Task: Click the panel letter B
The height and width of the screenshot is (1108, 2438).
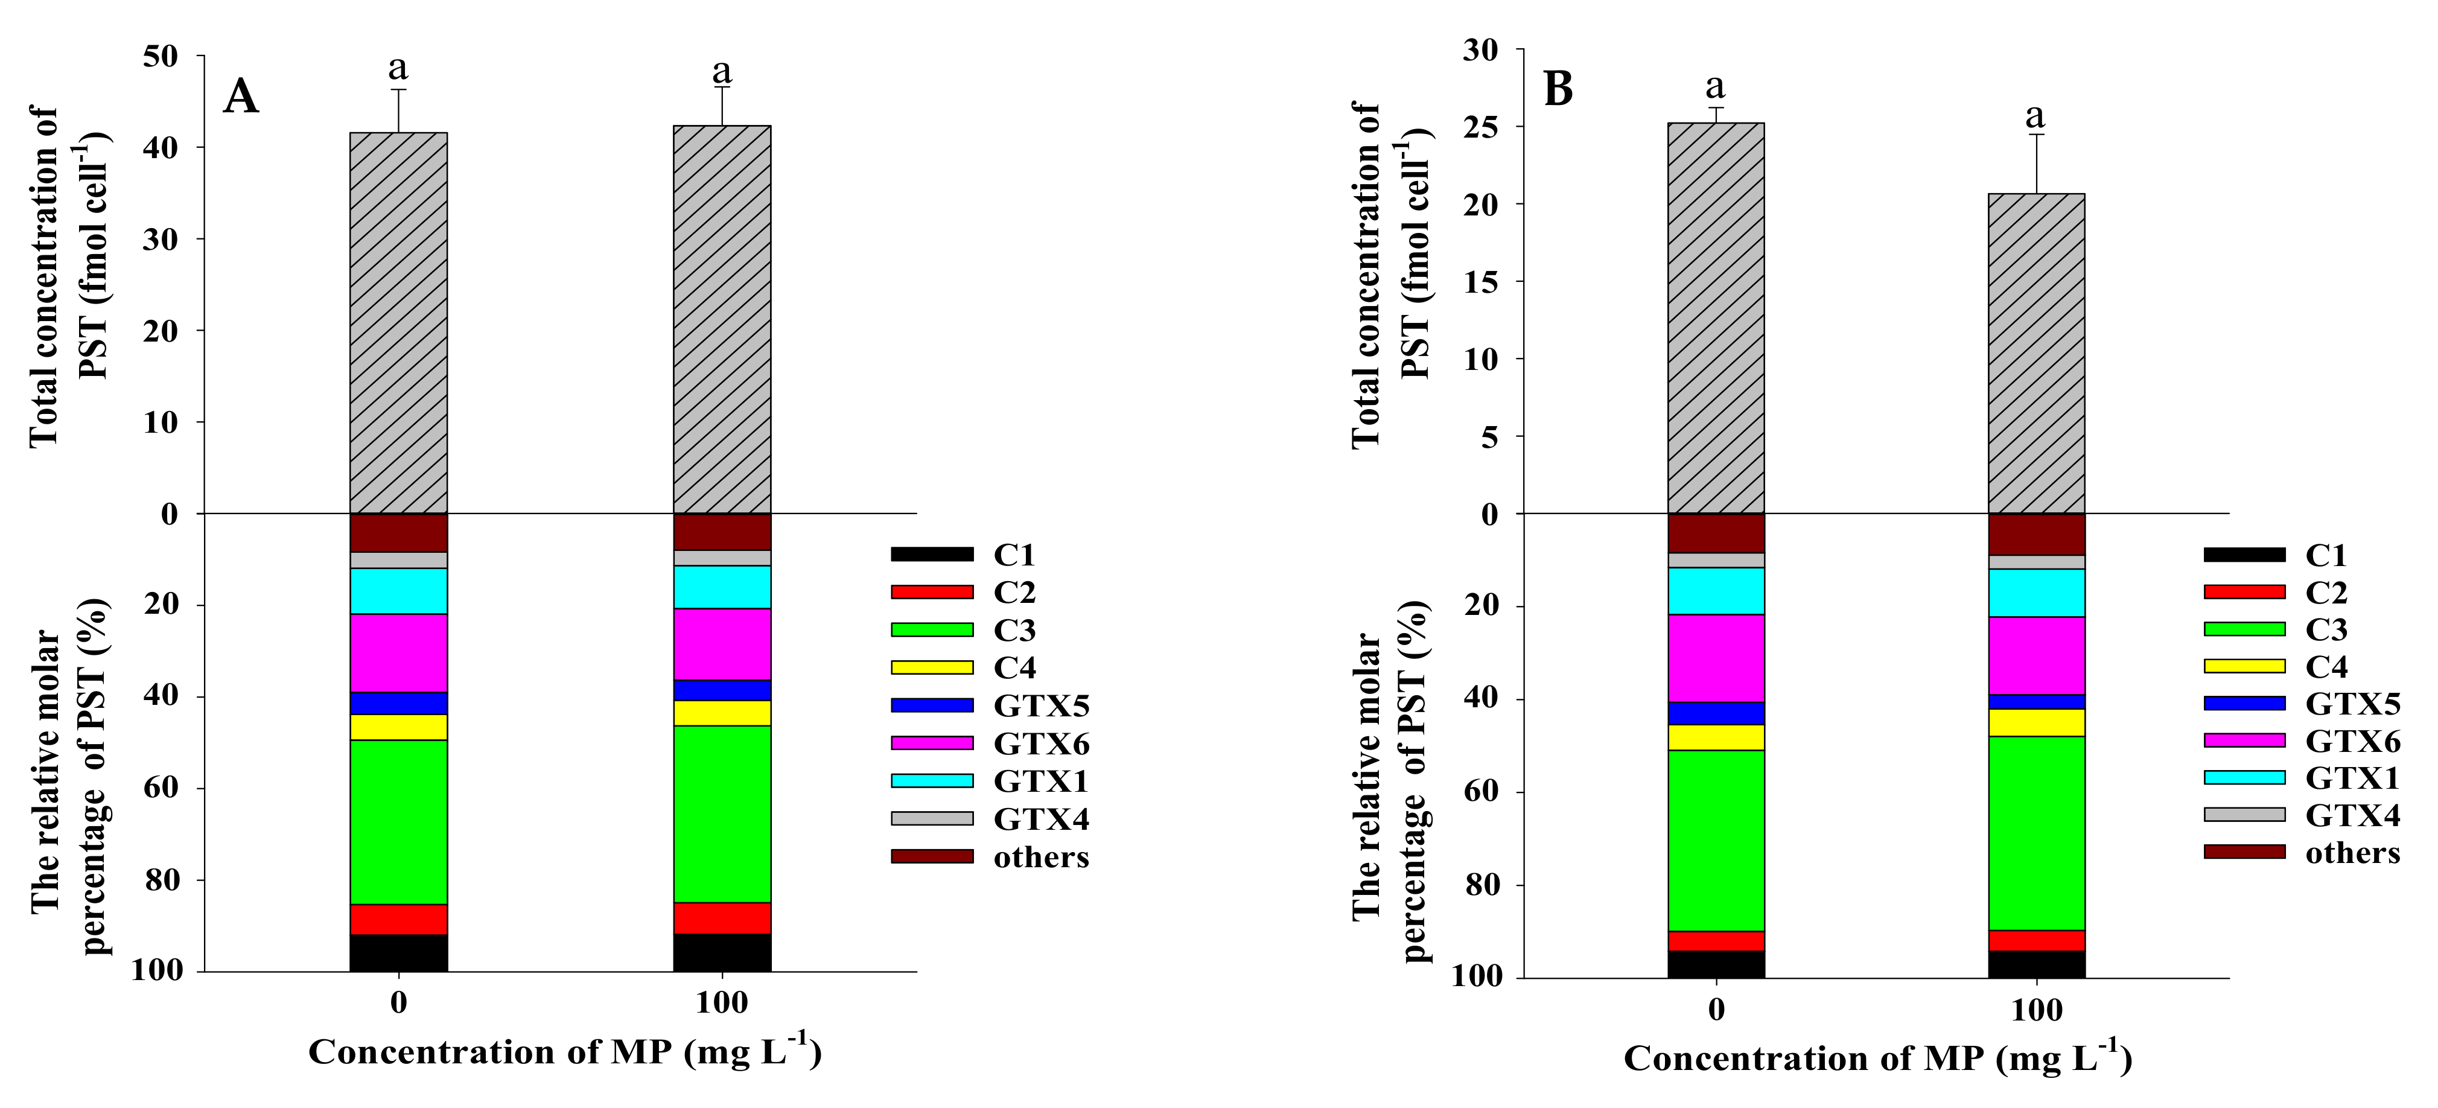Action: [1558, 90]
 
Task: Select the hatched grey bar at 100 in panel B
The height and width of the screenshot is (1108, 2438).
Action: [2035, 355]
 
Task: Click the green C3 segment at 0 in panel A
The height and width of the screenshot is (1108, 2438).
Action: [398, 821]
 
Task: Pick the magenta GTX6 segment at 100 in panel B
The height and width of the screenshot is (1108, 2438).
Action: [2035, 656]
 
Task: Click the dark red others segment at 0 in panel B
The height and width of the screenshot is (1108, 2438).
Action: [1716, 533]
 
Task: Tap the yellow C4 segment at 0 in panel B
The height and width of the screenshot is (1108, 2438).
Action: [1716, 737]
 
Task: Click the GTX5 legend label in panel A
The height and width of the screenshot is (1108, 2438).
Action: [1041, 706]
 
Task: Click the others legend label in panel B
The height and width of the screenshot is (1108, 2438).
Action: [2352, 853]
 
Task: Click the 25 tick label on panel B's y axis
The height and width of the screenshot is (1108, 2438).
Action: [1480, 127]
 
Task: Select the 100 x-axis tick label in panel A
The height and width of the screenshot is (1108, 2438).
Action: [721, 1003]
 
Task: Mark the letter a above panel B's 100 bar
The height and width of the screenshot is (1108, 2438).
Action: [2035, 116]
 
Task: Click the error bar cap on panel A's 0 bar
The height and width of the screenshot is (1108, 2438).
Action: [398, 90]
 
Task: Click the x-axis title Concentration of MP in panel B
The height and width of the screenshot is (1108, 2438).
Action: [1878, 1058]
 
